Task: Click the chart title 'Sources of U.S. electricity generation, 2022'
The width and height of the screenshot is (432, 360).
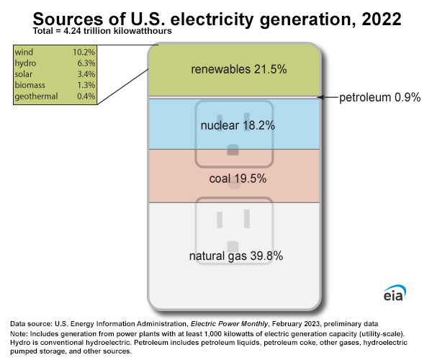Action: tap(216, 19)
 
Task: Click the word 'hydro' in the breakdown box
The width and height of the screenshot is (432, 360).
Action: tap(27, 63)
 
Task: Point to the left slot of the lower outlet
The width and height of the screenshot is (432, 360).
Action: tap(218, 216)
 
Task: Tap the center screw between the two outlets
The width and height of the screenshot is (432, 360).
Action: tap(233, 184)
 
